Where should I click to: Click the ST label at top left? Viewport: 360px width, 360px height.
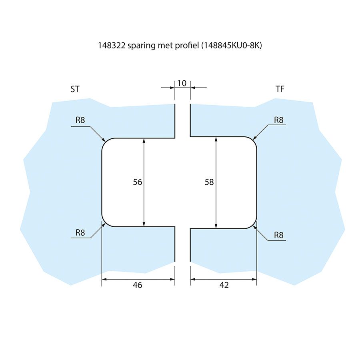point(75,89)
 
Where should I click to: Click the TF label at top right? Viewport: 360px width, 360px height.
point(280,89)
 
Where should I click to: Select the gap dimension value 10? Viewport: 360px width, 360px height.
point(182,83)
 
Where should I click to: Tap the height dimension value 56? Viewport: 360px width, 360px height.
point(138,182)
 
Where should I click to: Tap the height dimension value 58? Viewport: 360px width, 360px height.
point(209,182)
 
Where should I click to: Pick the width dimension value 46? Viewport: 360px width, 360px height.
point(138,285)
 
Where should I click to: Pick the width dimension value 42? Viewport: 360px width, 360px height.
point(224,285)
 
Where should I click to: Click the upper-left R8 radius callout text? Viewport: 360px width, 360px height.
point(80,120)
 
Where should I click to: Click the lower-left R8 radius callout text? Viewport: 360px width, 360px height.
point(80,232)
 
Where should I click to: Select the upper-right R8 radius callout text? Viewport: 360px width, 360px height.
point(279,120)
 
